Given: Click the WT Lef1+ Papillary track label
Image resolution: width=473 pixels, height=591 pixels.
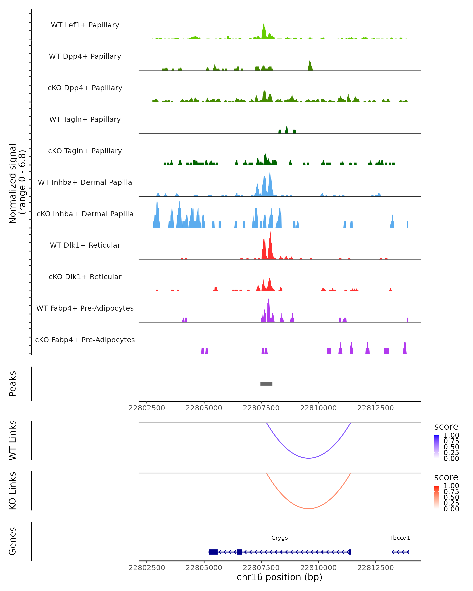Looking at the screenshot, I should pos(85,25).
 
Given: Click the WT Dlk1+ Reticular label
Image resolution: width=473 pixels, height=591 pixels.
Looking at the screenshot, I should pos(85,245).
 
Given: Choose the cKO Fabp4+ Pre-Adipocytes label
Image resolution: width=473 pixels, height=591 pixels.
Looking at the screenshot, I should pos(85,340).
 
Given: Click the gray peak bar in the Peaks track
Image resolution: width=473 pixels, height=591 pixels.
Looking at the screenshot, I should pos(266,384).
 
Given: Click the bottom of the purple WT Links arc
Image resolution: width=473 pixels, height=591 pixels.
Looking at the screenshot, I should pos(309,458).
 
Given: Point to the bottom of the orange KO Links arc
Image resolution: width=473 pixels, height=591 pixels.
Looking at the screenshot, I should pos(309,508).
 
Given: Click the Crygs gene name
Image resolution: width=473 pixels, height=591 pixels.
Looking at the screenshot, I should pos(279,538).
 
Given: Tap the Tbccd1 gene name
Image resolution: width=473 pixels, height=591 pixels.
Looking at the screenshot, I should pos(399,538).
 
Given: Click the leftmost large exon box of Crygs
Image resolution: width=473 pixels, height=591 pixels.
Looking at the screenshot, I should pos(213,552).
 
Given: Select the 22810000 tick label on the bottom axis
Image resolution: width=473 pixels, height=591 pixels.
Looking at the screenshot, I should pos(318,568).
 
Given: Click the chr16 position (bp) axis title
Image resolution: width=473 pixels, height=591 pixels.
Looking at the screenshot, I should pos(279,577).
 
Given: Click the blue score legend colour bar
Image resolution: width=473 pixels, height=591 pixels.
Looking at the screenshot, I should pos(437,447).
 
